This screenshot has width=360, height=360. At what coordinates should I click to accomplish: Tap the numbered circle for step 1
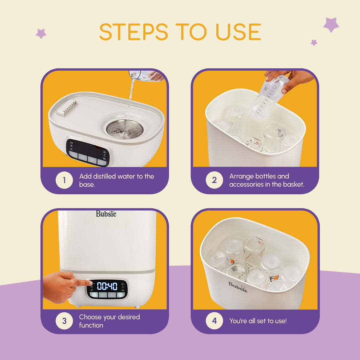tap(64, 180)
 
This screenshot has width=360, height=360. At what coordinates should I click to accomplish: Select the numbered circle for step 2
tap(214, 180)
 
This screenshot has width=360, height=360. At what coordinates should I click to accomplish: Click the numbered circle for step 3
tap(64, 321)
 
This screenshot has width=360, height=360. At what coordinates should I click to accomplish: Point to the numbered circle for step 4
tap(214, 321)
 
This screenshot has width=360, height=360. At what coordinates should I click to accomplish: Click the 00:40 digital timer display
tap(107, 286)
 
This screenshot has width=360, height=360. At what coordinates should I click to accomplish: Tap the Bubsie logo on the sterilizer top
tap(106, 214)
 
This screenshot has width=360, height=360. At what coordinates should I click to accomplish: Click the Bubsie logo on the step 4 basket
tap(238, 287)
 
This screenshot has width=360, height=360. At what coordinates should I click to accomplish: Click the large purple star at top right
tap(331, 25)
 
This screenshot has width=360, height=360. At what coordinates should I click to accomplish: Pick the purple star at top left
tap(41, 33)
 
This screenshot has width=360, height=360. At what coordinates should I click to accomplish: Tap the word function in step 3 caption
tap(91, 325)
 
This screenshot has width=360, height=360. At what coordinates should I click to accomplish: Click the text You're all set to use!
tap(258, 321)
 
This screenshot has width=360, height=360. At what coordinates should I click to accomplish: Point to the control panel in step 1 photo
tap(87, 153)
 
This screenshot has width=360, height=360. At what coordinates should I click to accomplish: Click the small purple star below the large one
tap(314, 42)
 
